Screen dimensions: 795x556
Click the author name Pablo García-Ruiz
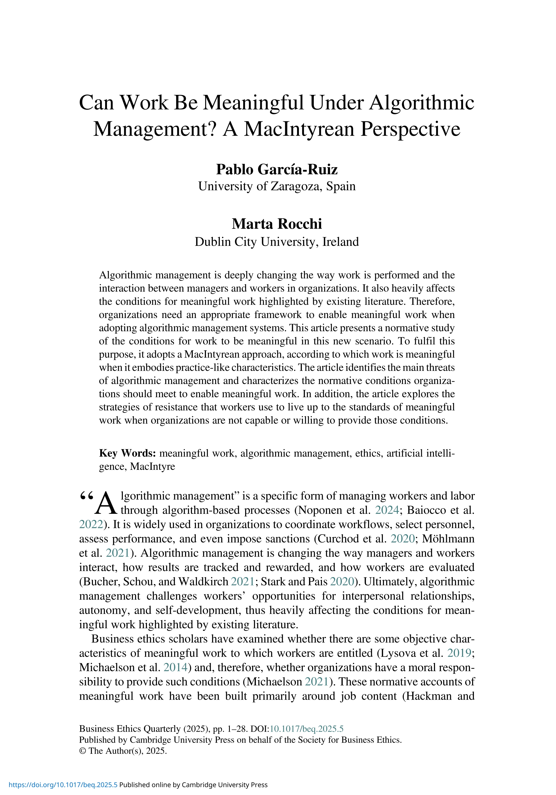coord(276,169)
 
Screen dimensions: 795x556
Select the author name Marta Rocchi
coord(276,224)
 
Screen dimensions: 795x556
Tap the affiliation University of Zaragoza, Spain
coord(276,186)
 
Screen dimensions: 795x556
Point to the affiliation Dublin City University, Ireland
coord(276,242)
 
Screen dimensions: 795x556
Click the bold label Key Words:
coord(127,453)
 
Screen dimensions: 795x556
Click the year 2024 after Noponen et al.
coord(387,510)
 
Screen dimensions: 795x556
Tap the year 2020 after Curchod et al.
coord(402,539)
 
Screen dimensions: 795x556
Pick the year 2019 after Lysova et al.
coord(459,653)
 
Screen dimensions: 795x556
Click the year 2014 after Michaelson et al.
coord(176,667)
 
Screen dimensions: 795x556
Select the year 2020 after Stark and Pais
coord(342,581)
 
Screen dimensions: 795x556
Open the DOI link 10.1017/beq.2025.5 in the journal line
coord(306,729)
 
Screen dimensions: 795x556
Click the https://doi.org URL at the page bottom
coord(63,785)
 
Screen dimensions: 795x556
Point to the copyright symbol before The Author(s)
coord(82,751)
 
